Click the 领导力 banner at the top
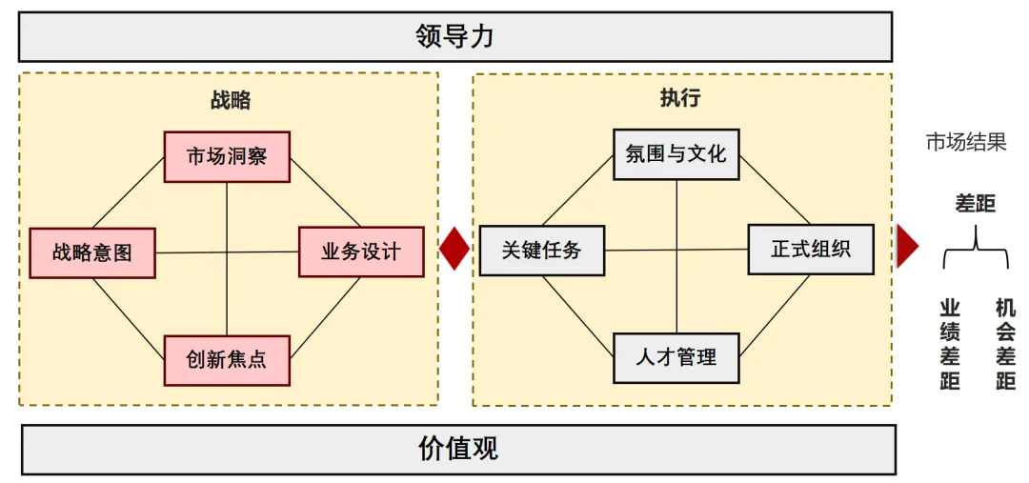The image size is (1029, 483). coord(455,37)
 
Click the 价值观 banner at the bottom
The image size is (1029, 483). coord(458,449)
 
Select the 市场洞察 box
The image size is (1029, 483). coord(227,156)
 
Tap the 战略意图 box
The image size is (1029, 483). coord(92,252)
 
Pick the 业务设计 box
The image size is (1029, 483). coord(361,252)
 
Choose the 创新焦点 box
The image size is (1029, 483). coord(227,360)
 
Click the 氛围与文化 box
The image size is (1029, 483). coord(676,154)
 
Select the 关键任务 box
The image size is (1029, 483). coord(541,251)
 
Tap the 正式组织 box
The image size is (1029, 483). coord(811,250)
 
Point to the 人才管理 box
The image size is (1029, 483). coord(676,358)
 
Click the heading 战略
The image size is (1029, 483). coord(230,100)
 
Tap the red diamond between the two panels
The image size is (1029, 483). coord(455,249)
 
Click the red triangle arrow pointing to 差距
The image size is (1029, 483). coord(906,247)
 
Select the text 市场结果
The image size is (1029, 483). coord(966,143)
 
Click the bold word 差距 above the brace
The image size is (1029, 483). coord(975,203)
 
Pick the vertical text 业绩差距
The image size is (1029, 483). coord(950,344)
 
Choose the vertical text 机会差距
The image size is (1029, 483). coord(1005,344)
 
